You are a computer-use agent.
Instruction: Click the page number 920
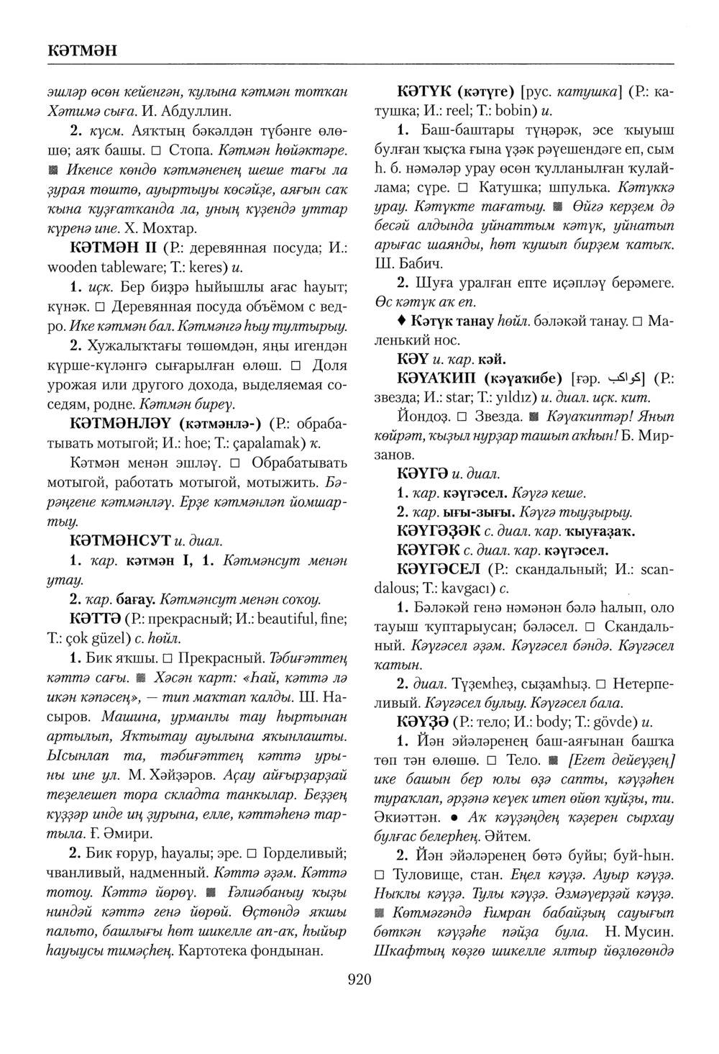tap(359, 979)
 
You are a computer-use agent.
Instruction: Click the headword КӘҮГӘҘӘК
tap(439, 531)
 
